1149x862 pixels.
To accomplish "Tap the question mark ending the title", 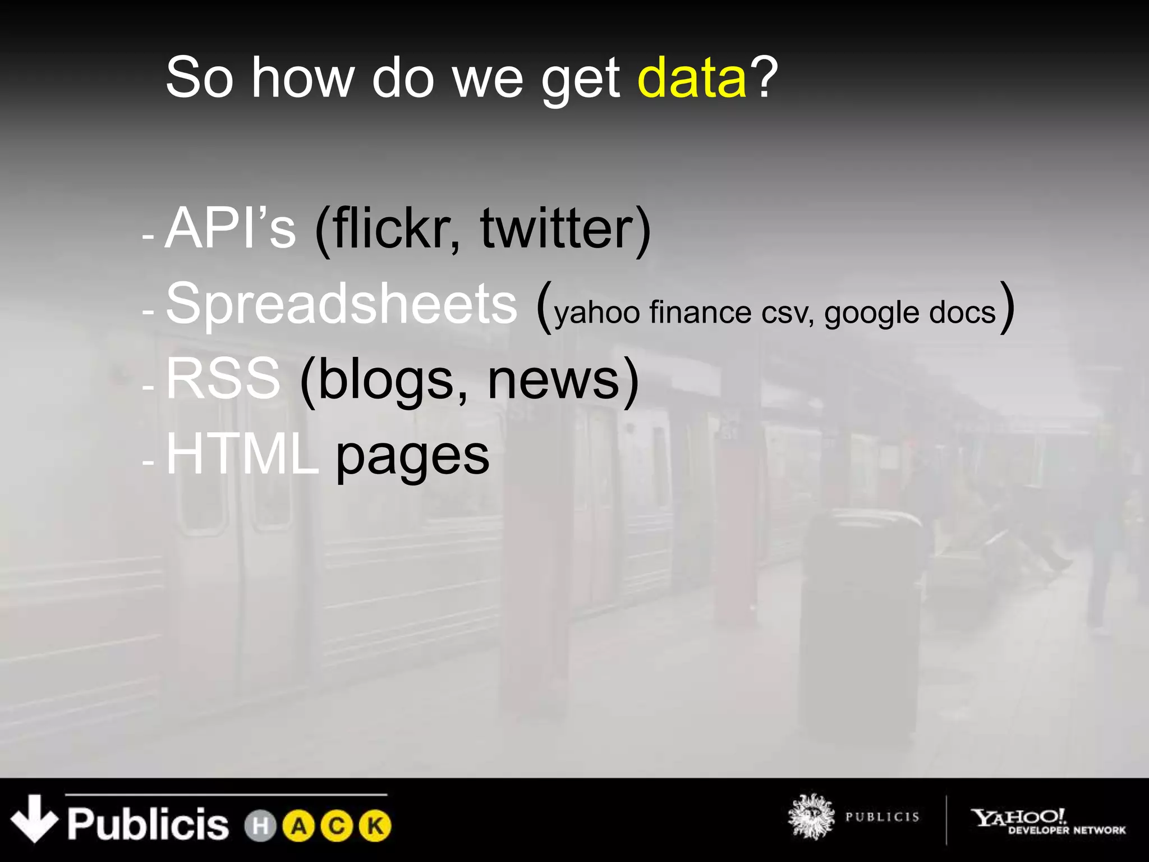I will coord(764,77).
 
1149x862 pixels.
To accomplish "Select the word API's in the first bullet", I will coord(230,228).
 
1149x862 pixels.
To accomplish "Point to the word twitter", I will coord(558,228).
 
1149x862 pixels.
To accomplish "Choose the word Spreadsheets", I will coord(341,304).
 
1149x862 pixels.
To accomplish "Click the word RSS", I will coord(223,379).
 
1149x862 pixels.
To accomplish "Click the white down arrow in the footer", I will coord(34,818).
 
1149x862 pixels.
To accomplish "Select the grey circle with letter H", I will coord(260,826).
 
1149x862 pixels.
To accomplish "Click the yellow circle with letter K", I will coord(375,826).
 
